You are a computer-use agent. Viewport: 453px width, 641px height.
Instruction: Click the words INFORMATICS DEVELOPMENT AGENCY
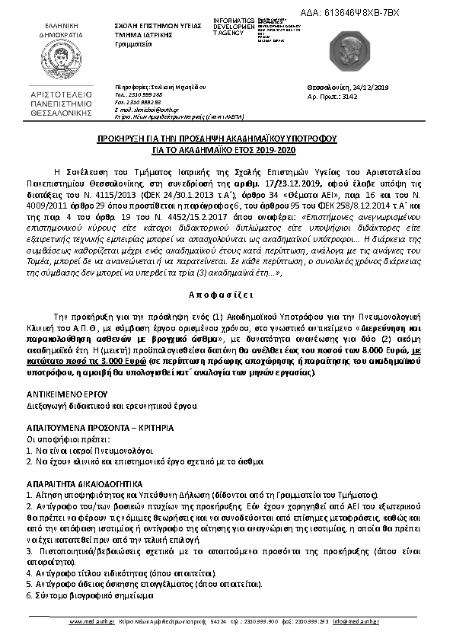click(x=234, y=27)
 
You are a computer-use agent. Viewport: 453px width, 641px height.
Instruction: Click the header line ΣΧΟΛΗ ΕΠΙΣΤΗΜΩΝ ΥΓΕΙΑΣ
click(x=157, y=26)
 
